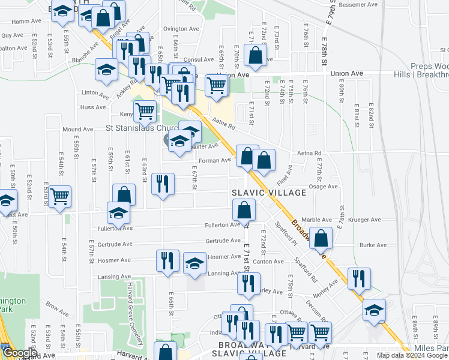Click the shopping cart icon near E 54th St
59,196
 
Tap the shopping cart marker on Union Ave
217,85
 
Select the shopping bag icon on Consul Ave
256,55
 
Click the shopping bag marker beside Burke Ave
322,239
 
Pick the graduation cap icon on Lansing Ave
194,263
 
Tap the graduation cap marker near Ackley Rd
106,68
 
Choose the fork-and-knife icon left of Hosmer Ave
166,260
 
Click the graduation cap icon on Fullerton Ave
118,212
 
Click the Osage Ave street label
323,187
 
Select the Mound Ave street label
77,129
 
